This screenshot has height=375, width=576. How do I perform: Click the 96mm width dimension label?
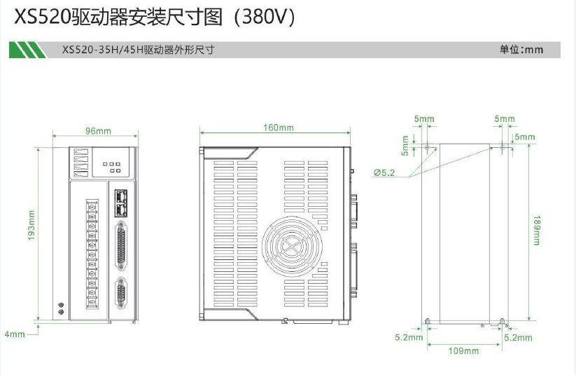coord(98,131)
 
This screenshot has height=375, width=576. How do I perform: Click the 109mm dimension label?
coord(463,351)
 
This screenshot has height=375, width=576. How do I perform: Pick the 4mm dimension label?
coord(15,334)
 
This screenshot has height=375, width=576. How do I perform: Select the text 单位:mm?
coord(521,50)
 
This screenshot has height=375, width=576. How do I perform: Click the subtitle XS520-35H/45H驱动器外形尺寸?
coord(137,50)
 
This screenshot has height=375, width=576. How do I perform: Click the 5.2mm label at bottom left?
coord(409,338)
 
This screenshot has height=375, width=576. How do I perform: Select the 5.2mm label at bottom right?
coord(518,338)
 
